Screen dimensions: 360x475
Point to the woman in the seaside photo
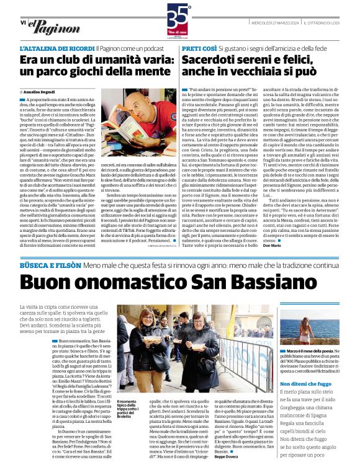(x=305, y=332)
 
